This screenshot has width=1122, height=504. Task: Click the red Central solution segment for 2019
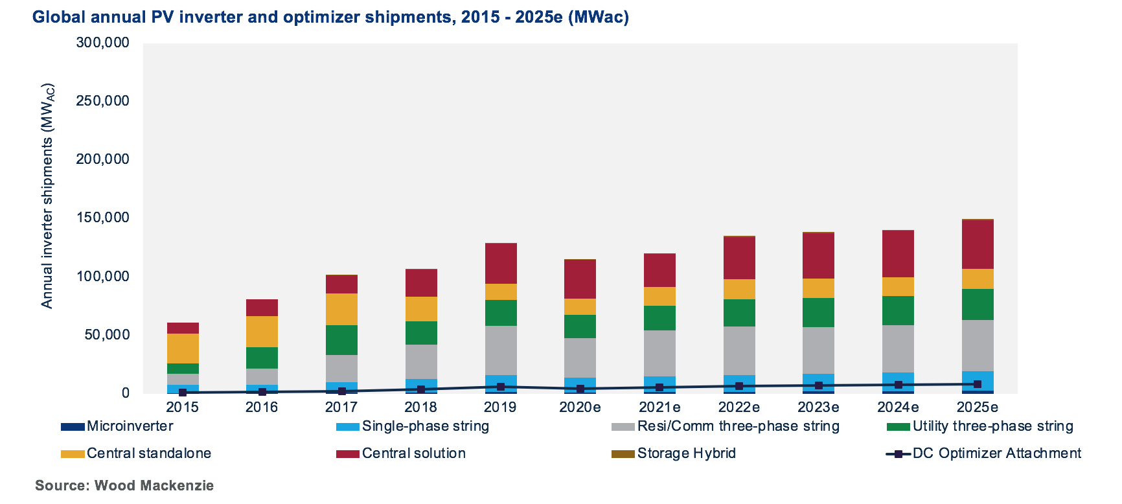tap(501, 263)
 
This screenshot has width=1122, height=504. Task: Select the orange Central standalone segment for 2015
tap(183, 349)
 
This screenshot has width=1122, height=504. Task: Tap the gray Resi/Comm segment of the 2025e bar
tap(978, 345)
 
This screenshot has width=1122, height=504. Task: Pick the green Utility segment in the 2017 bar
tap(341, 340)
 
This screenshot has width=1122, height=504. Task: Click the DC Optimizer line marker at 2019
tap(501, 387)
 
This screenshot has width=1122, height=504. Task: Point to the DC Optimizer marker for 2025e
tap(978, 384)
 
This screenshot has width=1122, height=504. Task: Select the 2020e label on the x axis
tap(580, 407)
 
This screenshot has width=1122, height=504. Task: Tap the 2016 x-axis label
tap(262, 407)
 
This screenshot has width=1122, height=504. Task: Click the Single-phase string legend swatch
tap(347, 427)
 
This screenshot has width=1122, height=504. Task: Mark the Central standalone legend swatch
tap(73, 454)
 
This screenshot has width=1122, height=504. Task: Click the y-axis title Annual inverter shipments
tap(47, 196)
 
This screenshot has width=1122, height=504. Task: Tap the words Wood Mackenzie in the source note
tap(154, 486)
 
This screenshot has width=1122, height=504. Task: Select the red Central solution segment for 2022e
tap(739, 258)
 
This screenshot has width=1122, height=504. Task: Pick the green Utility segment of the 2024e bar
tap(898, 310)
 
